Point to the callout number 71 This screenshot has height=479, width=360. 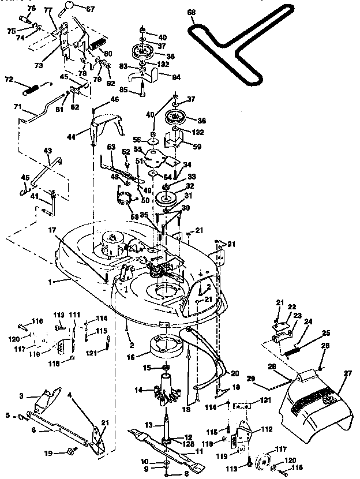coord(17,107)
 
